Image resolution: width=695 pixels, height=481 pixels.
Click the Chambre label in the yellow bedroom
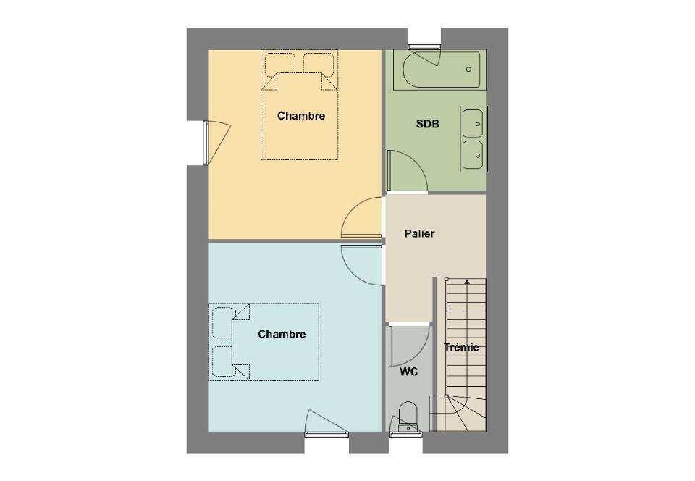click(x=301, y=116)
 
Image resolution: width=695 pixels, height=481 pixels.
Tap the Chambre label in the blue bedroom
click(x=282, y=334)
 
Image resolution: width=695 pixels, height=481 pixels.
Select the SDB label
click(x=428, y=124)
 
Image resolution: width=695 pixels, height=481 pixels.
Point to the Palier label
click(x=419, y=233)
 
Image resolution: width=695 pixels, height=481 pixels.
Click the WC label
click(x=408, y=372)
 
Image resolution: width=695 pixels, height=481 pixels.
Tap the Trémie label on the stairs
click(x=461, y=347)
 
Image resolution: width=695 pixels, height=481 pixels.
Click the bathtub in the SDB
click(x=442, y=70)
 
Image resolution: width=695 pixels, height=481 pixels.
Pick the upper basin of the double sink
click(x=473, y=123)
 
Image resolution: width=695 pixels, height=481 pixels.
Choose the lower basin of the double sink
click(x=473, y=155)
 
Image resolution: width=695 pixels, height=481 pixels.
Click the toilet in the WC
click(x=408, y=417)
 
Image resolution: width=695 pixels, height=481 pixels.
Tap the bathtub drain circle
click(x=468, y=70)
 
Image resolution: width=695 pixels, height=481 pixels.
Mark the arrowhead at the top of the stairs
click(x=467, y=281)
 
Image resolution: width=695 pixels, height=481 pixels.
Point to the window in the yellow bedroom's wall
click(x=206, y=143)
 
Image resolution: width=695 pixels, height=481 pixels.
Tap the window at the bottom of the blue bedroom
click(x=327, y=435)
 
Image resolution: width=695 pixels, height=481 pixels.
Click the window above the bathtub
click(x=424, y=46)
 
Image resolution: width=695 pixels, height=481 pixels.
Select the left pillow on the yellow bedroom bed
click(x=279, y=64)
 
